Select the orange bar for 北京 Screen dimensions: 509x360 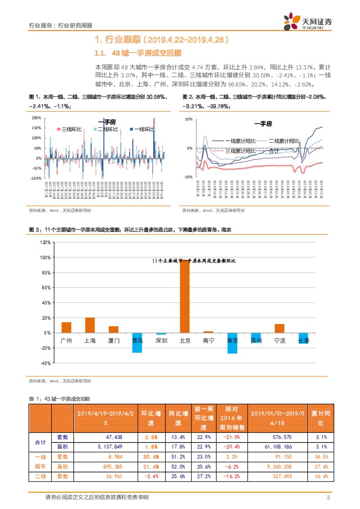pyautogui.click(x=185, y=296)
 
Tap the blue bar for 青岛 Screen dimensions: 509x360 pyautogui.click(x=137, y=343)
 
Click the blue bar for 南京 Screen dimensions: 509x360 pyautogui.click(x=232, y=343)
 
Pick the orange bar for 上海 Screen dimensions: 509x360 pyautogui.click(x=90, y=325)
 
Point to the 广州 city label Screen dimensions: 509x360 pyautogui.click(x=66, y=341)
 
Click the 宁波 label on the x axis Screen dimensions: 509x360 pyautogui.click(x=279, y=341)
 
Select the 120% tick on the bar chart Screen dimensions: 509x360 pyautogui.click(x=45, y=242)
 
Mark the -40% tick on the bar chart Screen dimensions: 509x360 pyautogui.click(x=45, y=363)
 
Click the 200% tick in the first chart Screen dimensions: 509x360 pyautogui.click(x=37, y=118)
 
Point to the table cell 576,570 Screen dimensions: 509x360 pyautogui.click(x=276, y=437)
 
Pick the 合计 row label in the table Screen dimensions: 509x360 pyautogui.click(x=40, y=442)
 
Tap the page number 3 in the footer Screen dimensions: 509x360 pyautogui.click(x=328, y=498)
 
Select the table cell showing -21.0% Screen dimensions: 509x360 pyautogui.click(x=232, y=437)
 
